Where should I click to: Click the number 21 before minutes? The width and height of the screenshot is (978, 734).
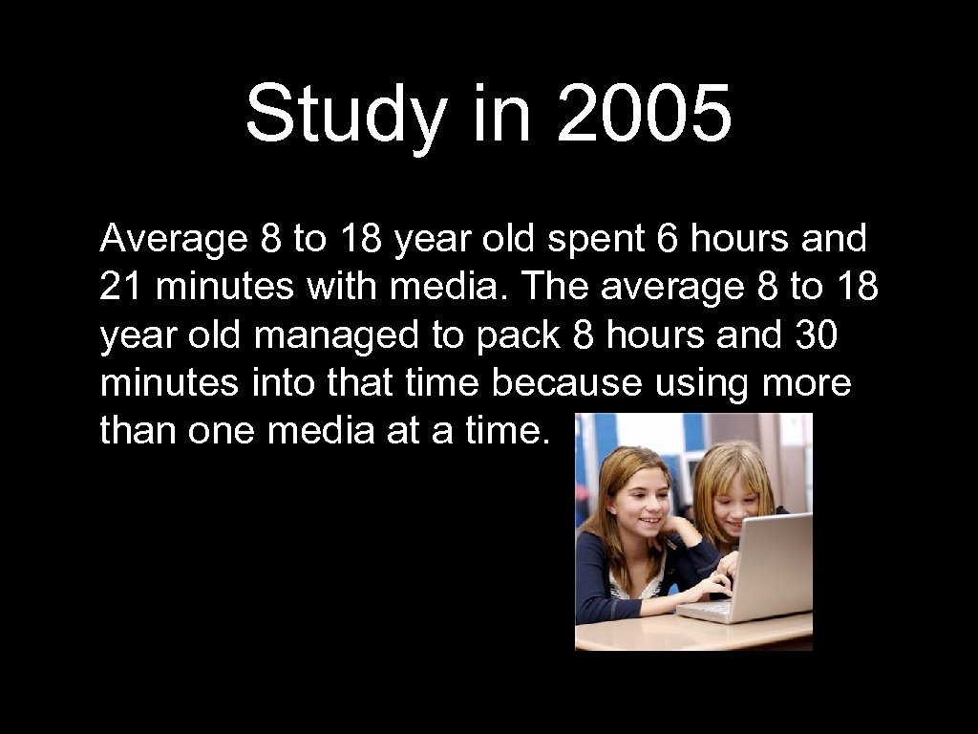click(x=119, y=288)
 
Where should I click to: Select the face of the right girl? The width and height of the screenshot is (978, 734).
click(x=733, y=497)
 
